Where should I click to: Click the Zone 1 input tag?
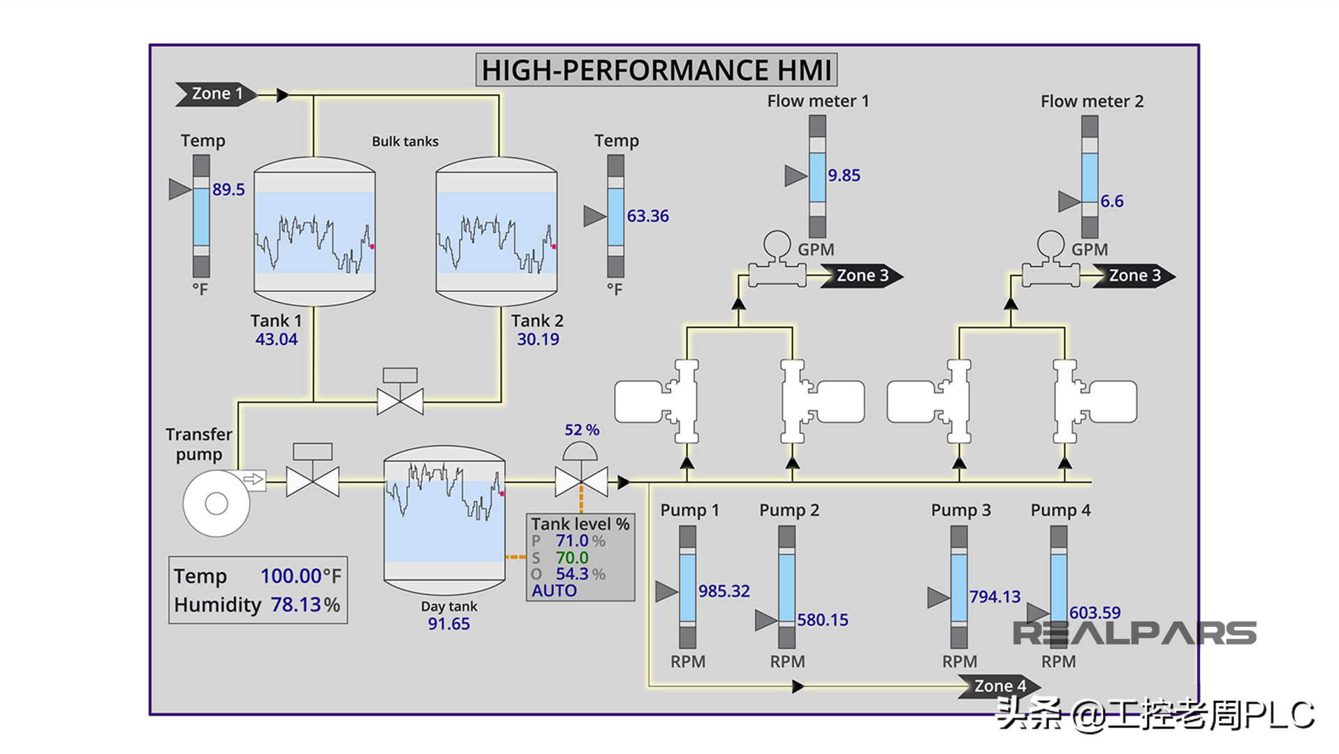[217, 94]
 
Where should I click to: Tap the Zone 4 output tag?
[999, 686]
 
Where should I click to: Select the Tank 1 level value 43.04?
[276, 339]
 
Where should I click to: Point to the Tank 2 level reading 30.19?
[538, 339]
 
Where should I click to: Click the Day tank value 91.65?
[448, 623]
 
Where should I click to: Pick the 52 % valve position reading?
[582, 430]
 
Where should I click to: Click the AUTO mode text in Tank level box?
[554, 591]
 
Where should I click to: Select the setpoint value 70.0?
[572, 558]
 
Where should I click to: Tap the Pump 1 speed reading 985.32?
[724, 591]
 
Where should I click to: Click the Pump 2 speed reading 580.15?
[823, 620]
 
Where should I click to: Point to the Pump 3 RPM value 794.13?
[995, 597]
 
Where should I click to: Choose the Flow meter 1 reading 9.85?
[844, 175]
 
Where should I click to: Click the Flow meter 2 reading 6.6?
[1112, 202]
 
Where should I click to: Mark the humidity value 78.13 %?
[305, 605]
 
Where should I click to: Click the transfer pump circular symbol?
[217, 503]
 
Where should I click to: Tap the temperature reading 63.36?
[647, 216]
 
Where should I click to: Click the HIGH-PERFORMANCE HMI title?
[657, 71]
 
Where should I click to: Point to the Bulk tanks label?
[405, 142]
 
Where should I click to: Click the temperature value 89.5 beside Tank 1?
[228, 190]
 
